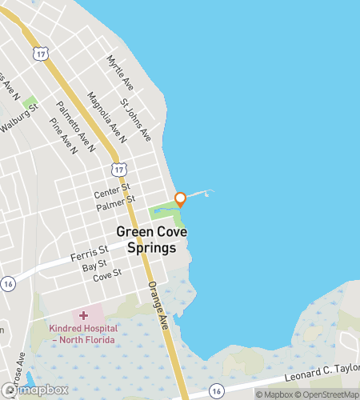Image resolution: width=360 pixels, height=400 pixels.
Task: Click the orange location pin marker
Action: tap(181, 198)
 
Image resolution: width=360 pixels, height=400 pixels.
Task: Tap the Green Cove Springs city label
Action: tap(146, 239)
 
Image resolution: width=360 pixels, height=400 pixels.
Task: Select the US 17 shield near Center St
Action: tap(118, 169)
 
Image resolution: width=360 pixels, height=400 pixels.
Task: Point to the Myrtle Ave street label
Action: tap(121, 72)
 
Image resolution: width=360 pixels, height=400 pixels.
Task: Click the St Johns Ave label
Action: tap(135, 119)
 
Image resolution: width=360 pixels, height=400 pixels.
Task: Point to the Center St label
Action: tap(111, 194)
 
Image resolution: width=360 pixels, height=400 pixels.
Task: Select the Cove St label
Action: tap(106, 275)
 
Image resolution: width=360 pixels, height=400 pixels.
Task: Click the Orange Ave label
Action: tap(157, 304)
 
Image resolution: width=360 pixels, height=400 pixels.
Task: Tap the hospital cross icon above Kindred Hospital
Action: tap(82, 316)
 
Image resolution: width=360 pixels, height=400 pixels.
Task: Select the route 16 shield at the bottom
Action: tap(216, 390)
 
